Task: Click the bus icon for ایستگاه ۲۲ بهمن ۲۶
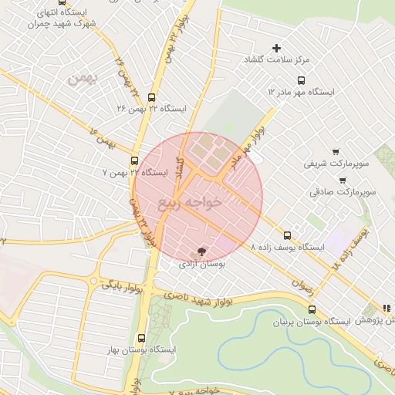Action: (x=151, y=98)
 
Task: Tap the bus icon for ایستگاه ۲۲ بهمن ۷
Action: (x=135, y=161)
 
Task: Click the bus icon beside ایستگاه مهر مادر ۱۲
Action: (x=301, y=80)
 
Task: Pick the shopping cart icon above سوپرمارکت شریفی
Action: (x=335, y=152)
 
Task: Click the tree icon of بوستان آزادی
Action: (x=201, y=252)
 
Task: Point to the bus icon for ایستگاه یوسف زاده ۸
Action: (x=288, y=235)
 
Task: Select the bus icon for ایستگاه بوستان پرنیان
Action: (x=312, y=309)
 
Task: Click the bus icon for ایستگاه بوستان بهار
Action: (x=140, y=338)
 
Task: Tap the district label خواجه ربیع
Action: (x=190, y=203)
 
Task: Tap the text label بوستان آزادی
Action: (x=201, y=264)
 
